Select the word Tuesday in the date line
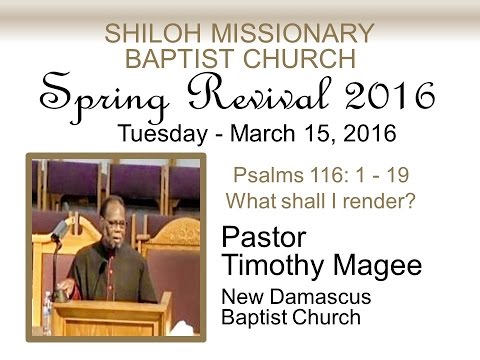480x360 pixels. (160, 133)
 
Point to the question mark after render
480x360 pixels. (411, 199)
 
